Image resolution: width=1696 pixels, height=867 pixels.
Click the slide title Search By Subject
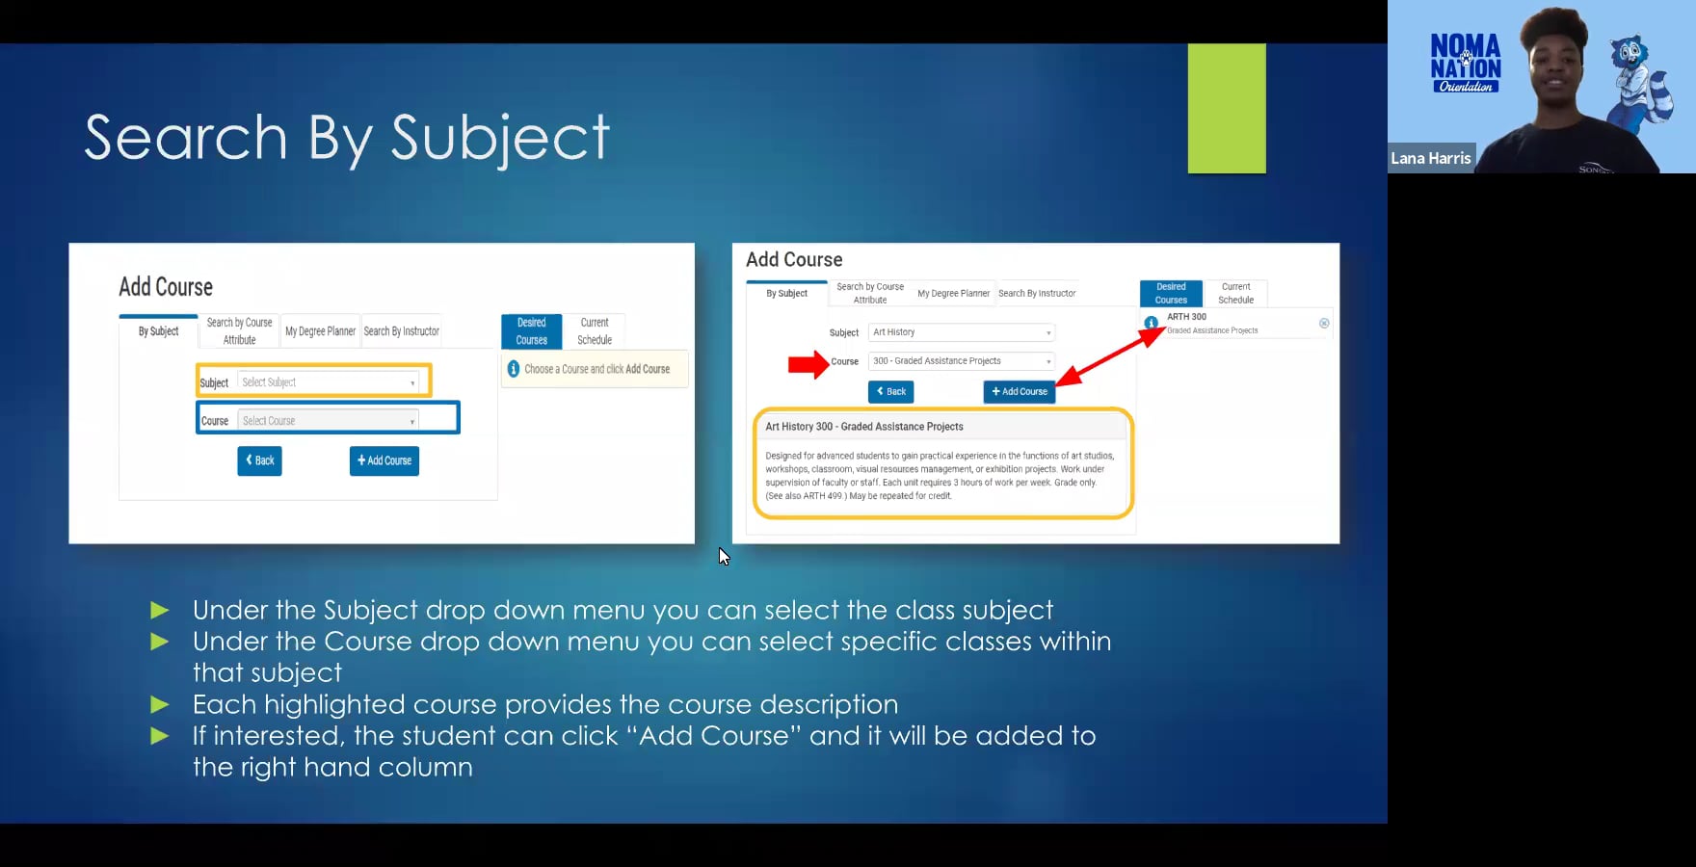pyautogui.click(x=347, y=137)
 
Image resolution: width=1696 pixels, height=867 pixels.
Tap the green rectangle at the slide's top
pyautogui.click(x=1226, y=108)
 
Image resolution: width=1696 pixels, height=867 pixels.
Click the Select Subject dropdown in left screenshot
pyautogui.click(x=328, y=382)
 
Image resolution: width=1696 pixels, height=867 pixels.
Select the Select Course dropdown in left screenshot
pyautogui.click(x=328, y=421)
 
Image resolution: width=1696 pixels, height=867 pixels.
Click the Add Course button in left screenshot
pyautogui.click(x=384, y=460)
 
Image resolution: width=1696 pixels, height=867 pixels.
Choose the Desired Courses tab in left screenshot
pyautogui.click(x=531, y=331)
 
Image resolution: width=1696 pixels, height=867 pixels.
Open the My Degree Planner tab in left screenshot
pyautogui.click(x=320, y=331)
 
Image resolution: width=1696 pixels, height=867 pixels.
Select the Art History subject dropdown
pyautogui.click(x=961, y=332)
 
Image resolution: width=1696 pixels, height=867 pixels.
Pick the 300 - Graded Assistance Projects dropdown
pyautogui.click(x=961, y=361)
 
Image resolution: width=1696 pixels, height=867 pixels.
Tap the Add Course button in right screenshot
pyautogui.click(x=1019, y=392)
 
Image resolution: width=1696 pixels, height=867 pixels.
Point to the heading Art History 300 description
pyautogui.click(x=863, y=427)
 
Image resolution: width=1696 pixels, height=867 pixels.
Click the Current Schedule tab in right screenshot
pyautogui.click(x=1235, y=293)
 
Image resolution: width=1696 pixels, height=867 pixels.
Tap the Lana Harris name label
pyautogui.click(x=1430, y=158)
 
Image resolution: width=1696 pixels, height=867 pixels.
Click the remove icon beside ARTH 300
pyautogui.click(x=1324, y=324)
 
